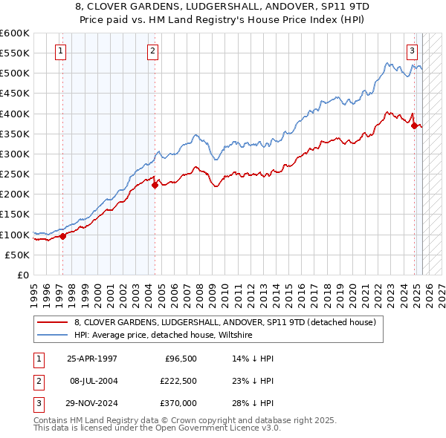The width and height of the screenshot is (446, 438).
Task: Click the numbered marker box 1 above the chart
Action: [59, 51]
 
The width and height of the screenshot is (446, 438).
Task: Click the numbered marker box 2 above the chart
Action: [152, 51]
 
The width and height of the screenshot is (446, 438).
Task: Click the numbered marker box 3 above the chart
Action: [412, 51]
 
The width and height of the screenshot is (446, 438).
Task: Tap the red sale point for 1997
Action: [63, 236]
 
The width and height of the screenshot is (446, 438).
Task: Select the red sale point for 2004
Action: [155, 186]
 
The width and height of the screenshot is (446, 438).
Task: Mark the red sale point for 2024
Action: [414, 126]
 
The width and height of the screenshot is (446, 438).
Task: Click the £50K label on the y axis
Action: [18, 255]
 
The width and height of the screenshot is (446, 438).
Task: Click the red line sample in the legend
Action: [54, 323]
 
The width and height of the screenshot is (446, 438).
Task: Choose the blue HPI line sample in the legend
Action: [54, 336]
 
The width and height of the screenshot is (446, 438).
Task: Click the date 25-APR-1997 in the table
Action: [92, 358]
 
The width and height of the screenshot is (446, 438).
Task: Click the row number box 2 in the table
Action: [38, 380]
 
